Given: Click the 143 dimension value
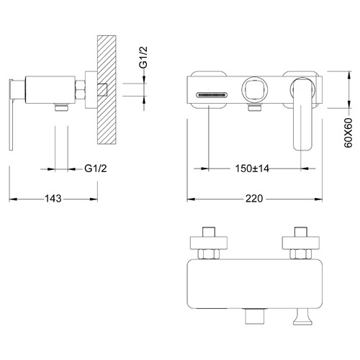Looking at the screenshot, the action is click(53, 199).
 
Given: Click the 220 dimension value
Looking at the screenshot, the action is click(254, 199).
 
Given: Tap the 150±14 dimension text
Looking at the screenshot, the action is click(252, 168).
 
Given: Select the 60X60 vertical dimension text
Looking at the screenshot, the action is click(348, 132).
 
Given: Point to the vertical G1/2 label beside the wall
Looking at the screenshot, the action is click(143, 58).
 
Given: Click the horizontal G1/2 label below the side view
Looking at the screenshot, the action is click(96, 168).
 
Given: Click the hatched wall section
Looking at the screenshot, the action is click(107, 90).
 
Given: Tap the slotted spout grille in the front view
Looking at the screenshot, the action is click(211, 95).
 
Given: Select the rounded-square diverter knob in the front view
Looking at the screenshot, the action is click(254, 89).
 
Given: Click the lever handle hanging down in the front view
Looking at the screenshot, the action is click(303, 114).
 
